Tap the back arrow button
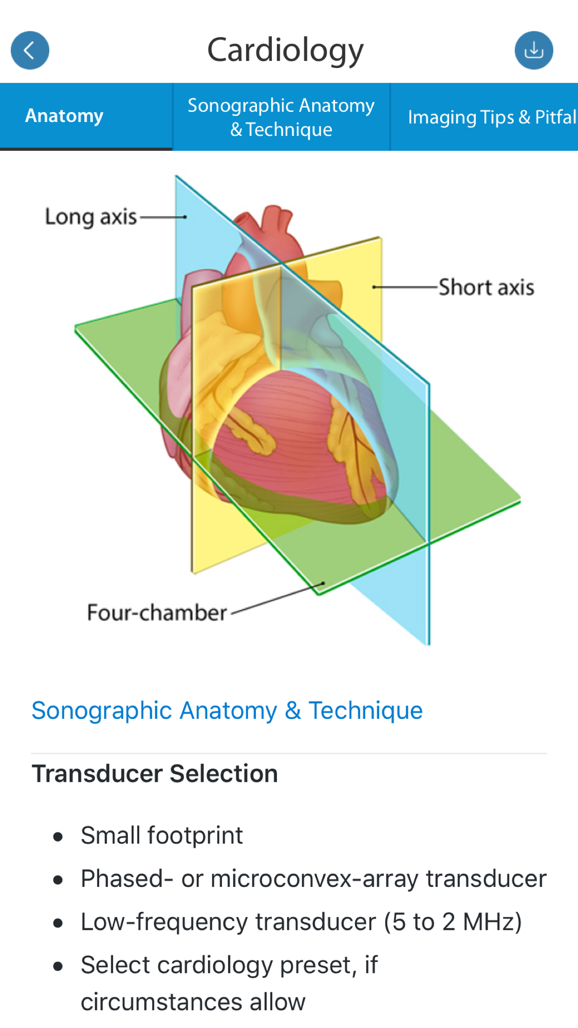click(30, 50)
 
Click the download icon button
click(533, 50)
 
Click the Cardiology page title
click(285, 50)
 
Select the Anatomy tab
click(64, 116)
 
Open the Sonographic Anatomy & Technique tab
click(281, 117)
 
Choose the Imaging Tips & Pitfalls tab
click(491, 117)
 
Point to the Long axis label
click(91, 217)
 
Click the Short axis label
click(486, 287)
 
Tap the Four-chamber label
click(157, 613)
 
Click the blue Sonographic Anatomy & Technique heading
click(227, 710)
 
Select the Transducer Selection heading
click(155, 774)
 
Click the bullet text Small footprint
click(161, 835)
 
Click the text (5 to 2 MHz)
click(452, 922)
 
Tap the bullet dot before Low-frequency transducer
click(58, 923)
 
